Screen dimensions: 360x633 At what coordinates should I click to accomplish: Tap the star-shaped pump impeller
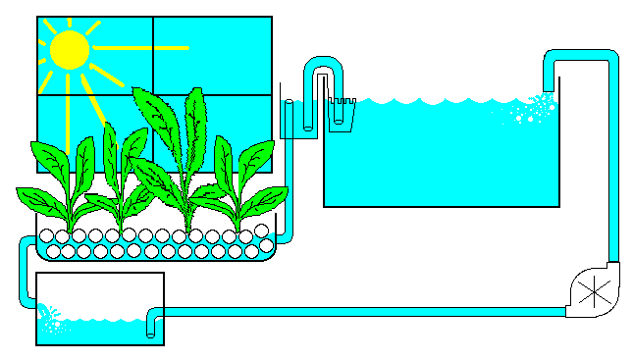coord(593,291)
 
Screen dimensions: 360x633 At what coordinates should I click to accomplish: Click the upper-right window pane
coord(212,56)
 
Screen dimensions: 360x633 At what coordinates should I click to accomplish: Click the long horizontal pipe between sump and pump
coord(363,312)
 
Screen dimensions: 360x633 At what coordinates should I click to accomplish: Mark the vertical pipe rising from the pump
coord(613,167)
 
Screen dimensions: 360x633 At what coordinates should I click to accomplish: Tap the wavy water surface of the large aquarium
coord(442,100)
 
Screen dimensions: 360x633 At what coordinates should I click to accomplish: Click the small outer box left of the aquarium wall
coord(290,118)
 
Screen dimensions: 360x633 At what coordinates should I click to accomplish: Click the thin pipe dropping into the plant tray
coord(283,196)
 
